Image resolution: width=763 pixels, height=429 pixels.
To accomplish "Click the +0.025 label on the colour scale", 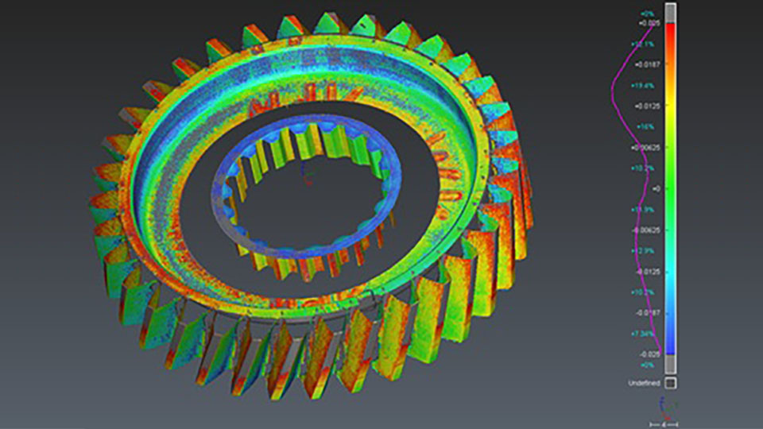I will tap(650, 23).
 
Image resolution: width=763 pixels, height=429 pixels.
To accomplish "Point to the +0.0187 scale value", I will tap(651, 64).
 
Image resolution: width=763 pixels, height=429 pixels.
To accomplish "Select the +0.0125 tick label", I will tap(651, 106).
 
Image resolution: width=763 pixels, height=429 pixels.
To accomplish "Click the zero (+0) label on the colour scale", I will tap(656, 188).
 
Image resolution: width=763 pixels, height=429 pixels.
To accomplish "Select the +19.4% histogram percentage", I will tap(642, 85).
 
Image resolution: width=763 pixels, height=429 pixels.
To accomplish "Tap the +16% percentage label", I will tap(645, 126).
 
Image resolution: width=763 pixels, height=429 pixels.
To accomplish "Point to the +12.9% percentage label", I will tap(642, 250).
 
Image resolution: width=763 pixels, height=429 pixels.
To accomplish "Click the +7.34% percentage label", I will tap(642, 334).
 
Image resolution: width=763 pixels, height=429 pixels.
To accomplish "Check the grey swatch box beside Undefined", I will tap(671, 383).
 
